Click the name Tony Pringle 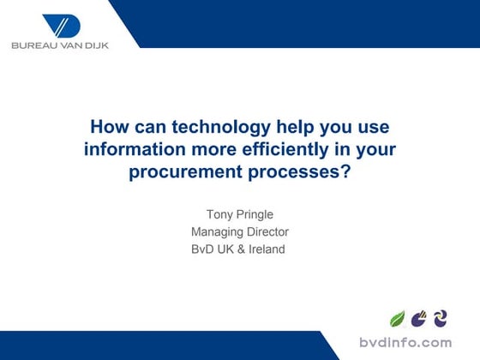click(x=239, y=213)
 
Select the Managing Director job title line click(x=239, y=231)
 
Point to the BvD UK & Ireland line click(x=239, y=249)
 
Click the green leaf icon click(x=398, y=319)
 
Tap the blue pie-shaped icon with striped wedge click(x=419, y=319)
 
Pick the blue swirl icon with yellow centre click(x=441, y=319)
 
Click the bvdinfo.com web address click(x=405, y=343)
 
